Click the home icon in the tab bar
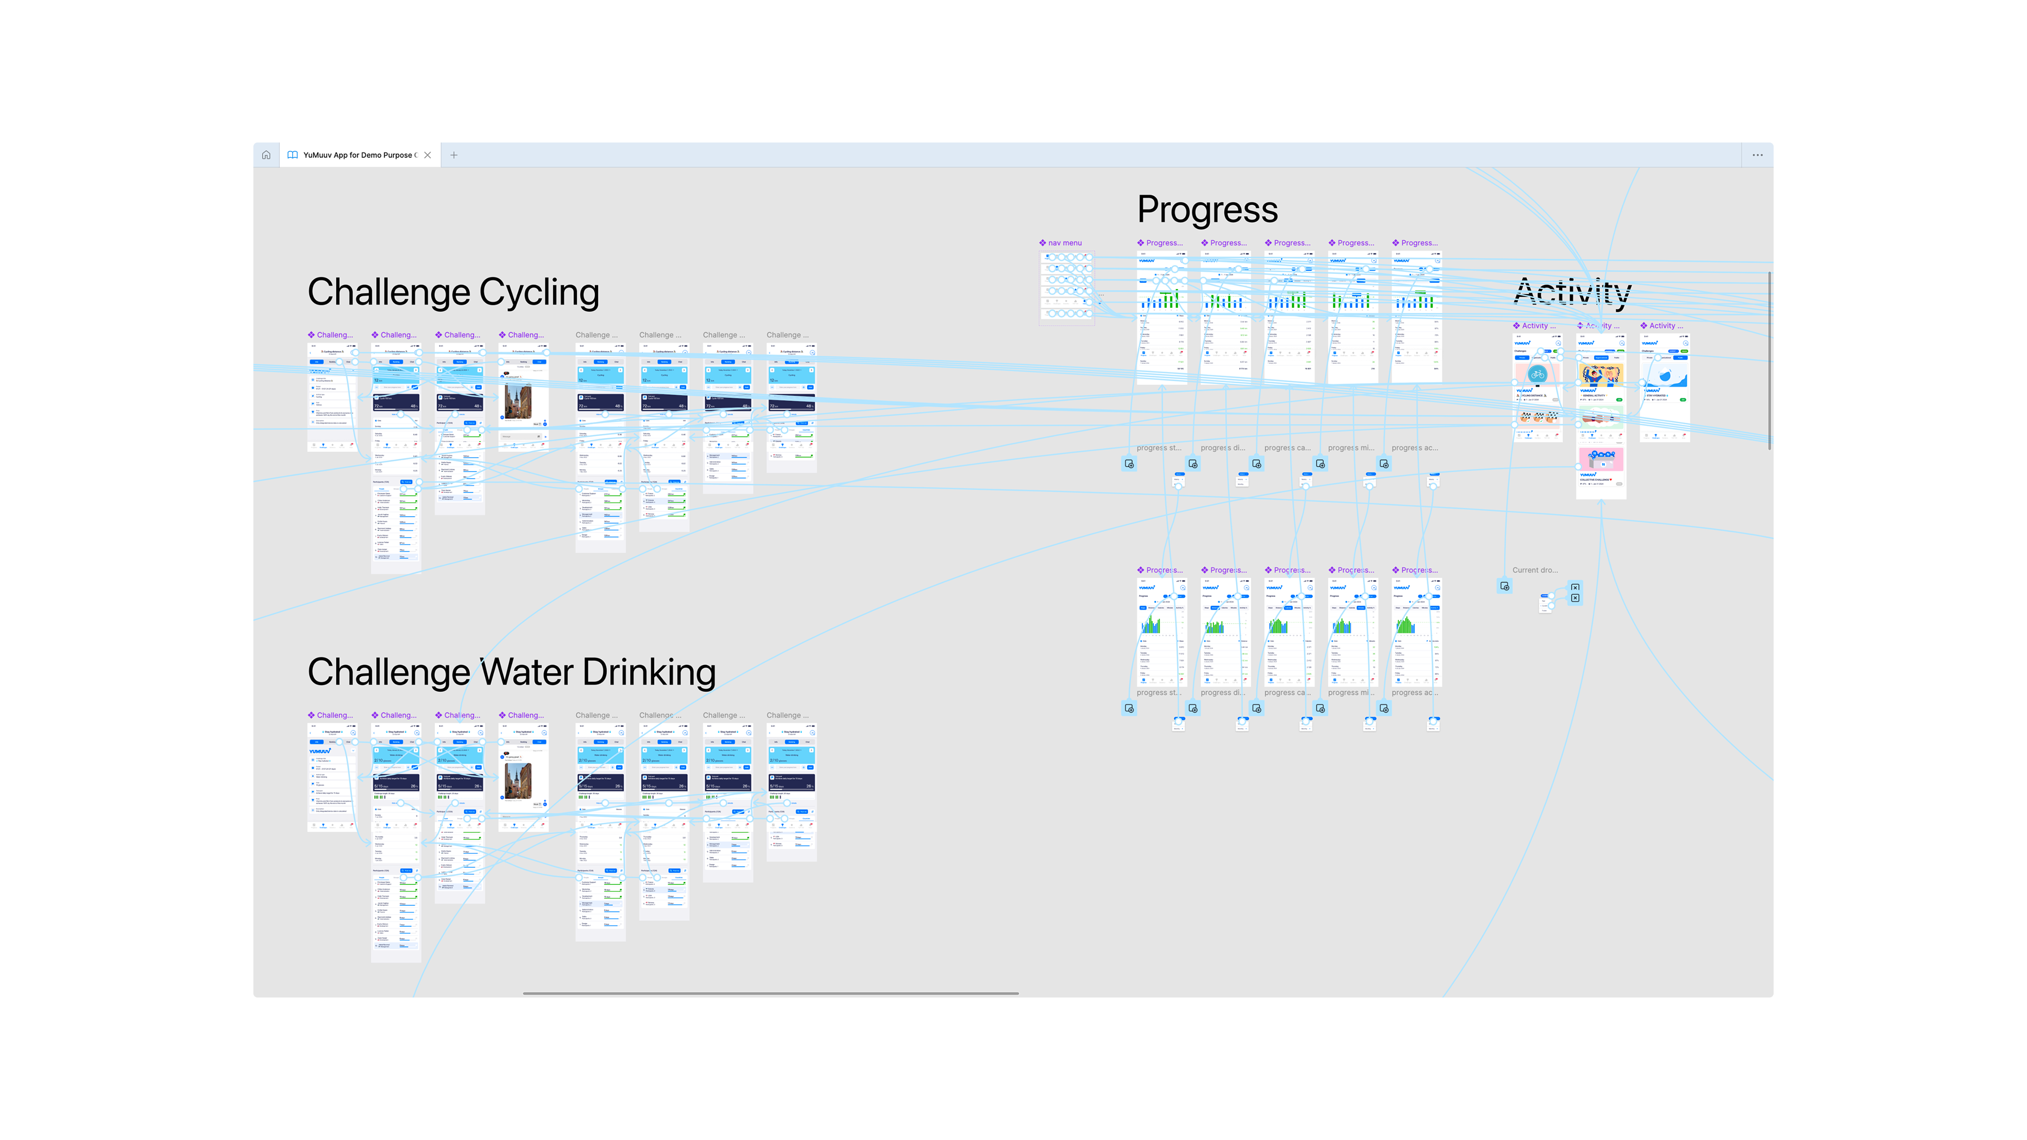point(266,155)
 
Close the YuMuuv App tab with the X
point(427,155)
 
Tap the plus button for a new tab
point(454,155)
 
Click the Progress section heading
point(1207,210)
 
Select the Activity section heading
point(1572,292)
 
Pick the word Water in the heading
point(527,673)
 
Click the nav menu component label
point(1064,243)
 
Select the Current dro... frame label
point(1535,571)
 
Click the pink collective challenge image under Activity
point(1600,459)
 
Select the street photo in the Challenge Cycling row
point(518,401)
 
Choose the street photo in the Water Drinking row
point(518,781)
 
